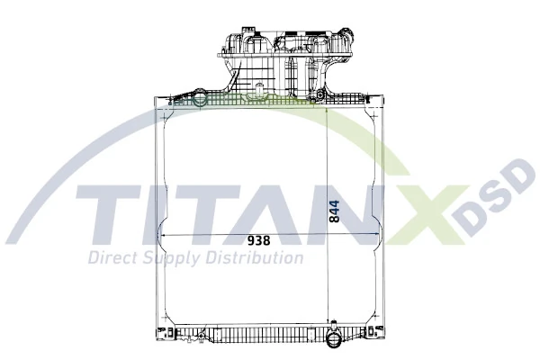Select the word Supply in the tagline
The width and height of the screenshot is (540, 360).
pyautogui.click(x=168, y=259)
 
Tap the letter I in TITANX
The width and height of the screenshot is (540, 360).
pyautogui.click(x=158, y=219)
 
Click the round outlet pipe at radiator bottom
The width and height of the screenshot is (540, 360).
pyautogui.click(x=332, y=340)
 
